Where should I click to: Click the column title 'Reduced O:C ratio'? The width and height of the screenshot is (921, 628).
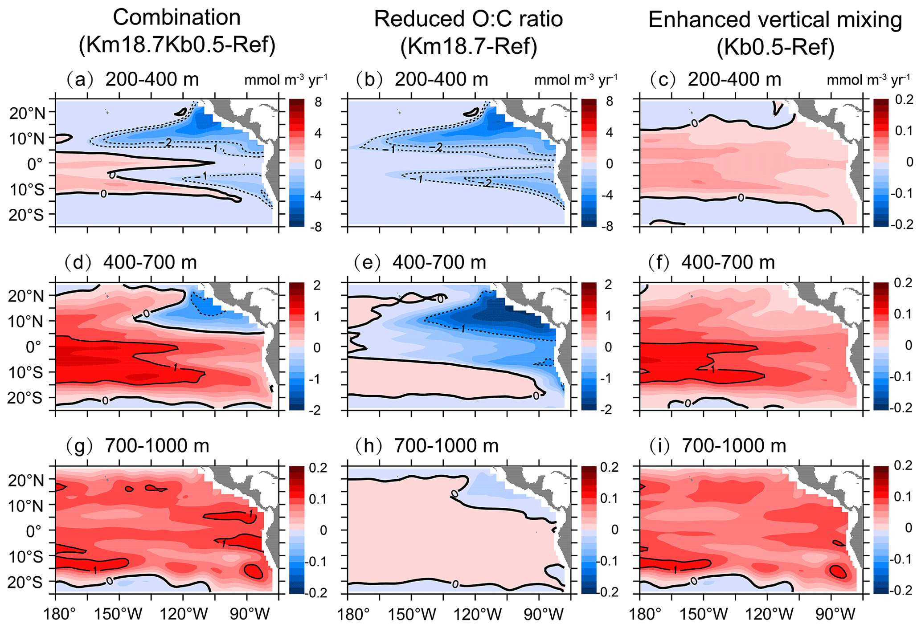point(468,19)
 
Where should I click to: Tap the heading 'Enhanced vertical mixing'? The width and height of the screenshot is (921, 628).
point(775,20)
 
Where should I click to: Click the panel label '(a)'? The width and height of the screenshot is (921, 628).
point(80,80)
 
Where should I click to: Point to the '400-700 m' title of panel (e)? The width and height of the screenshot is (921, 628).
point(439,262)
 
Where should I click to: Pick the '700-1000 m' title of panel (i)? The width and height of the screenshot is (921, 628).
point(734,445)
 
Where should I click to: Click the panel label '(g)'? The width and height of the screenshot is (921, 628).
point(80,445)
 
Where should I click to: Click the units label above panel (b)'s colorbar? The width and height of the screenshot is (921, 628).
point(576,80)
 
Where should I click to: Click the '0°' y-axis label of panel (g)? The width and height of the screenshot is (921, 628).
point(33,531)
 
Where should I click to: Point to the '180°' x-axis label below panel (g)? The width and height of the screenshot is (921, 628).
point(61,615)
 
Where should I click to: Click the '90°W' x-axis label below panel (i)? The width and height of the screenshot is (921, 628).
point(831,615)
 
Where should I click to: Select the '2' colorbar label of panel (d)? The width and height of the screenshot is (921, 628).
point(317,285)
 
